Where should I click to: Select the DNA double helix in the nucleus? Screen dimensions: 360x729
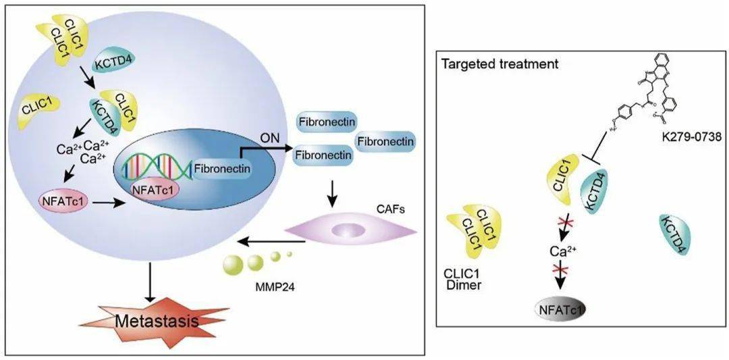coord(156,165)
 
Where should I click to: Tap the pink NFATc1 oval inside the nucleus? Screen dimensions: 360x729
coord(153,190)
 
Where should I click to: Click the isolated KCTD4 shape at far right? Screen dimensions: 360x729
coord(674,236)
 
